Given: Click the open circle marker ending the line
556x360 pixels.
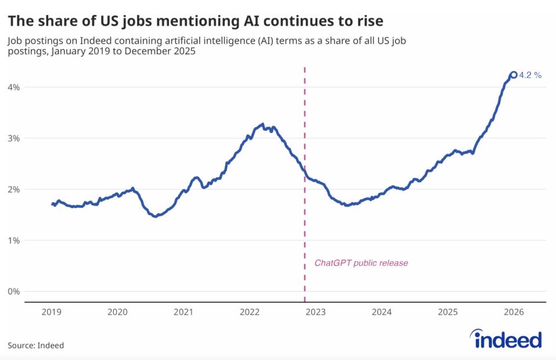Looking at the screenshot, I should pos(513,75).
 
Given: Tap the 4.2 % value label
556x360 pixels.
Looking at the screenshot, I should pos(531,75).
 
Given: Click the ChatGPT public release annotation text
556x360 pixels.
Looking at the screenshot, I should pos(361,263).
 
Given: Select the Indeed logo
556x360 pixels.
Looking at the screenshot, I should pos(508,339).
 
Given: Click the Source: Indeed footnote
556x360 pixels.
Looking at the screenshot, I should pos(36,346).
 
